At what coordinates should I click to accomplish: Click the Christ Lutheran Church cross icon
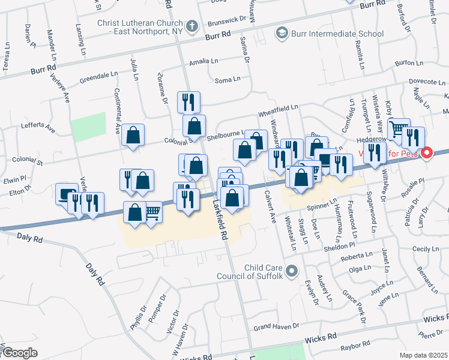coord(191,26)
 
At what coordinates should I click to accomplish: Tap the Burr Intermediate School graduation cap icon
coord(280,33)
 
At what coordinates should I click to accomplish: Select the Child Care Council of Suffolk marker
coord(292,272)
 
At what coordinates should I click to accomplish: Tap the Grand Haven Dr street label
coord(276,327)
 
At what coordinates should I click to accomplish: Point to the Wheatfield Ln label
coord(278,108)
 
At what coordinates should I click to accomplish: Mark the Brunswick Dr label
coord(226,19)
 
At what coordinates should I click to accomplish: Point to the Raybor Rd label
coord(355,345)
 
